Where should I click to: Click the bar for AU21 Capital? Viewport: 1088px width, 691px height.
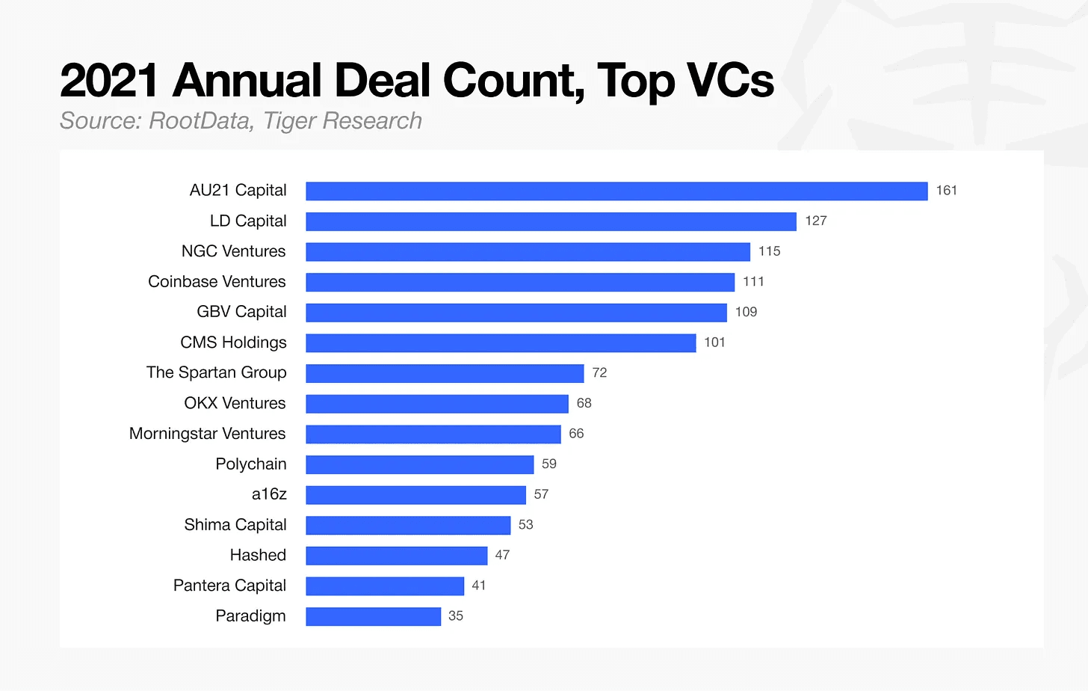click(617, 191)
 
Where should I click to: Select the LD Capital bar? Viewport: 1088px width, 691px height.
click(551, 221)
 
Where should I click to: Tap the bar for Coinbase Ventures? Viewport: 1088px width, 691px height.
click(520, 283)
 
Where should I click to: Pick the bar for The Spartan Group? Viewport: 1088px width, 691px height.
click(445, 373)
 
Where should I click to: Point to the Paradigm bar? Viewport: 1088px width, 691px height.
click(374, 617)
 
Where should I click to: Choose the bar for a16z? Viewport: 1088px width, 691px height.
click(415, 494)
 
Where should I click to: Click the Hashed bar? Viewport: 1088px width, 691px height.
click(397, 556)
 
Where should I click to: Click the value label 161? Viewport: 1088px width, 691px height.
click(946, 190)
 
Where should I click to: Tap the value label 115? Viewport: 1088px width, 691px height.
click(770, 251)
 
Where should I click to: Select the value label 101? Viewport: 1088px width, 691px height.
click(714, 342)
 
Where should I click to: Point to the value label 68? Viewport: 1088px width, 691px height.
click(584, 403)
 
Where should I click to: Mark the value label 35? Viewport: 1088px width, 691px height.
click(456, 615)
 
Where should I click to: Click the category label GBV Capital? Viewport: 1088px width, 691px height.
click(241, 312)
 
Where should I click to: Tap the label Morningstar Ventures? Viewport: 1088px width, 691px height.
click(208, 433)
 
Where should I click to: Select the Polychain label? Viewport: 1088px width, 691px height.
click(250, 464)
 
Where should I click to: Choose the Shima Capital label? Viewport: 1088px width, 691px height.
click(235, 525)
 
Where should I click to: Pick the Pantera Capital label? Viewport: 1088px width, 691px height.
click(229, 586)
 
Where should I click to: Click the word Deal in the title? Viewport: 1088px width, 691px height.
click(383, 80)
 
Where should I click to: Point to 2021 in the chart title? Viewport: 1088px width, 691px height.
click(109, 80)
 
